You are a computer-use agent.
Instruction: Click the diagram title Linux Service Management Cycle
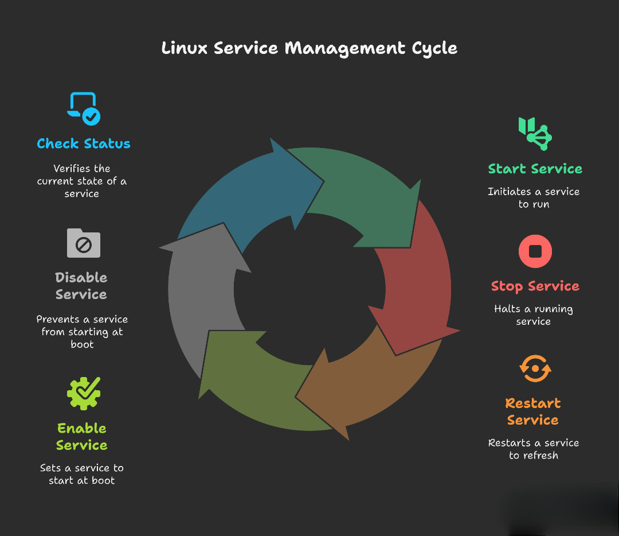[x=309, y=48]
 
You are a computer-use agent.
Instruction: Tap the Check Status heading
[x=84, y=143]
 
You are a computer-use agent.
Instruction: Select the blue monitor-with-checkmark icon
[x=84, y=108]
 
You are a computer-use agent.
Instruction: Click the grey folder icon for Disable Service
[x=84, y=243]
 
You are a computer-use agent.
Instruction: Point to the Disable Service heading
[x=81, y=286]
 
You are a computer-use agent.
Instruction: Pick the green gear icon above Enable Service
[x=84, y=393]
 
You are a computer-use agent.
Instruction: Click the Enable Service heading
[x=81, y=437]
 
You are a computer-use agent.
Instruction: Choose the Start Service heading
[x=535, y=169]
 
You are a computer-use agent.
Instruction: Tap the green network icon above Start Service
[x=535, y=133]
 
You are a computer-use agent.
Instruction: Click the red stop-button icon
[x=535, y=251]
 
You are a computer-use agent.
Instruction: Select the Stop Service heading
[x=535, y=286]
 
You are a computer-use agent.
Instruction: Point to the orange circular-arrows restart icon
[x=535, y=368]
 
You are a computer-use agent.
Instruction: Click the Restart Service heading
[x=533, y=411]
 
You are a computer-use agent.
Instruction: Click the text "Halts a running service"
[x=533, y=315]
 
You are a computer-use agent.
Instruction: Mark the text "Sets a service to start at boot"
[x=81, y=474]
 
